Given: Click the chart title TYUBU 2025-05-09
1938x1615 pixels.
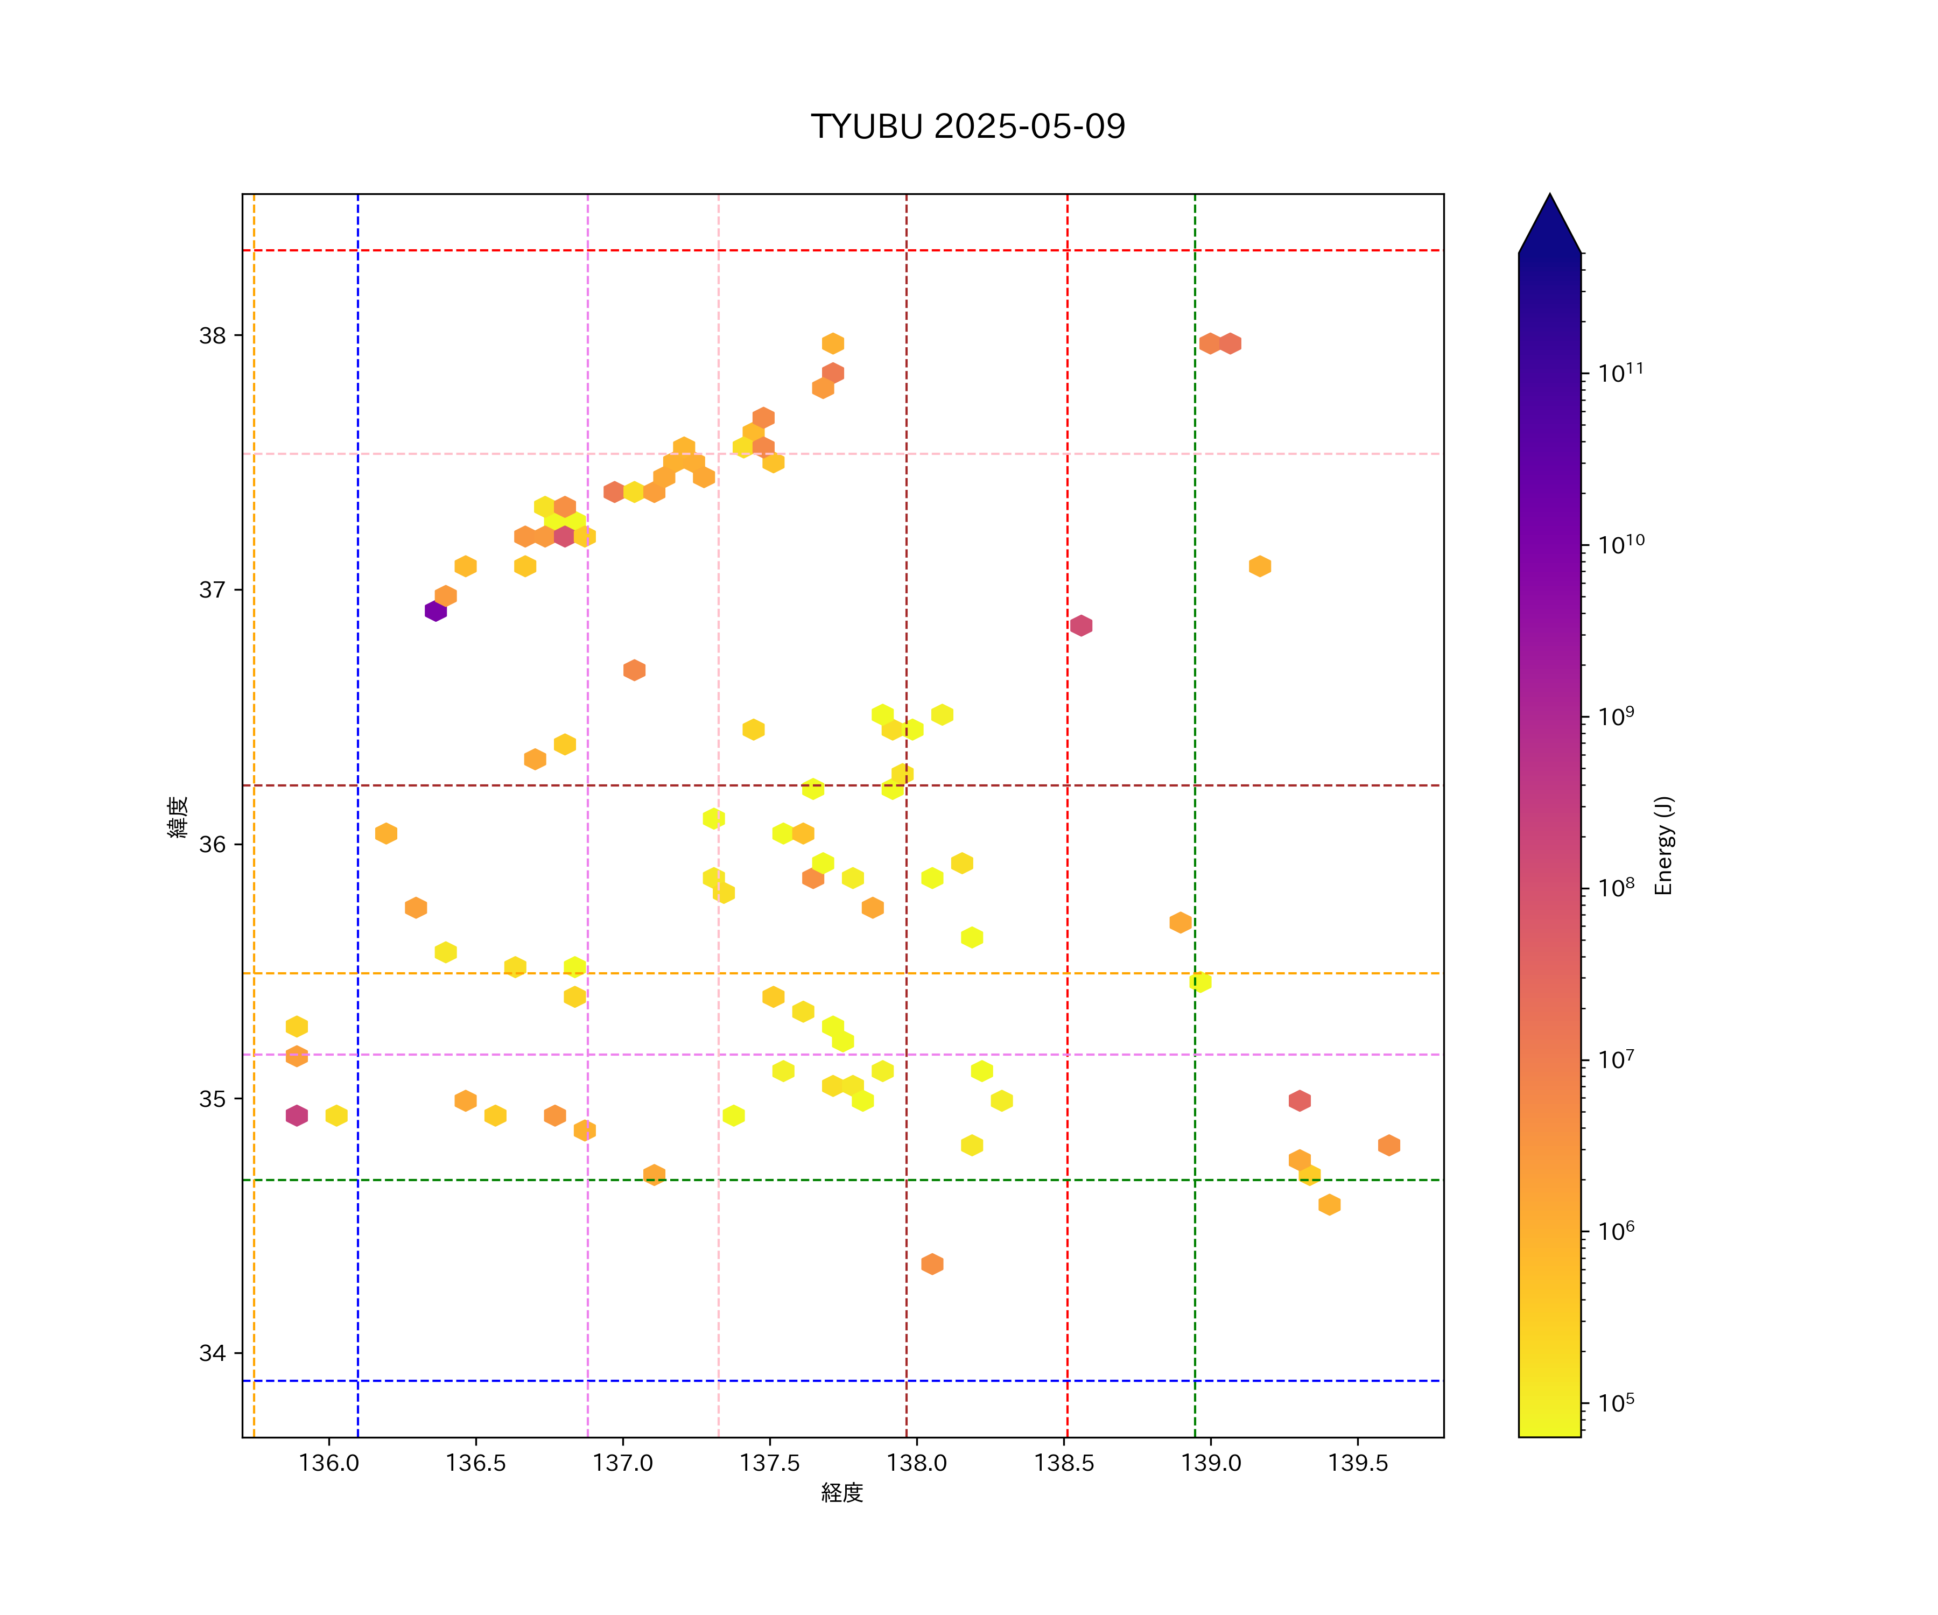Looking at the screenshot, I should (967, 127).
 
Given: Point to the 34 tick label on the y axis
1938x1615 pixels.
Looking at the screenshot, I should (212, 1353).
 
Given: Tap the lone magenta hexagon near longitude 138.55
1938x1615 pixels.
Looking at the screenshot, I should (1080, 626).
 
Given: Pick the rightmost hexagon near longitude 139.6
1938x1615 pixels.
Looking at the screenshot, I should (1389, 1145).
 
